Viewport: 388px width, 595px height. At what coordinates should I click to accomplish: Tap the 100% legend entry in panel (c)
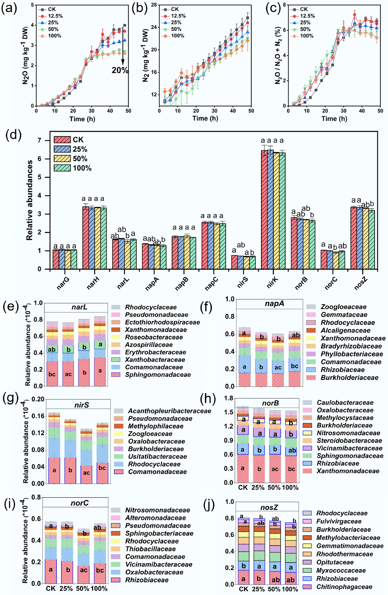tap(307, 36)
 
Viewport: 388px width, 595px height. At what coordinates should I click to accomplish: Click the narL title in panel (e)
tap(80, 307)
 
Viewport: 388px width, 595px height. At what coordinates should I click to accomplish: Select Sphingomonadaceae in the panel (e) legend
tap(158, 374)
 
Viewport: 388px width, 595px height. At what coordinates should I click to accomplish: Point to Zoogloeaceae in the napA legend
tap(343, 307)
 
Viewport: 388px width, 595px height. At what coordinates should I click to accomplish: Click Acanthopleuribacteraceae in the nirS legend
tap(169, 411)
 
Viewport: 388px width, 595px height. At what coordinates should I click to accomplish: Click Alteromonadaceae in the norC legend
tap(155, 518)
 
